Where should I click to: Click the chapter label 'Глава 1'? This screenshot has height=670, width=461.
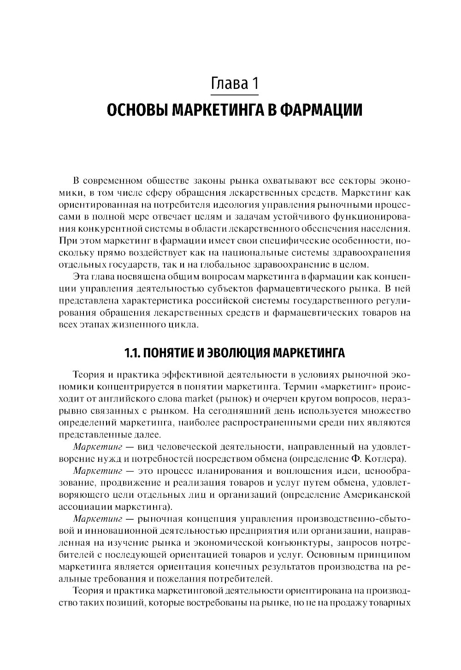[234, 84]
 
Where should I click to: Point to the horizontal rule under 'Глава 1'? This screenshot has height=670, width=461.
[234, 95]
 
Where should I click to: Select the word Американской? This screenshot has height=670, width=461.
[377, 495]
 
